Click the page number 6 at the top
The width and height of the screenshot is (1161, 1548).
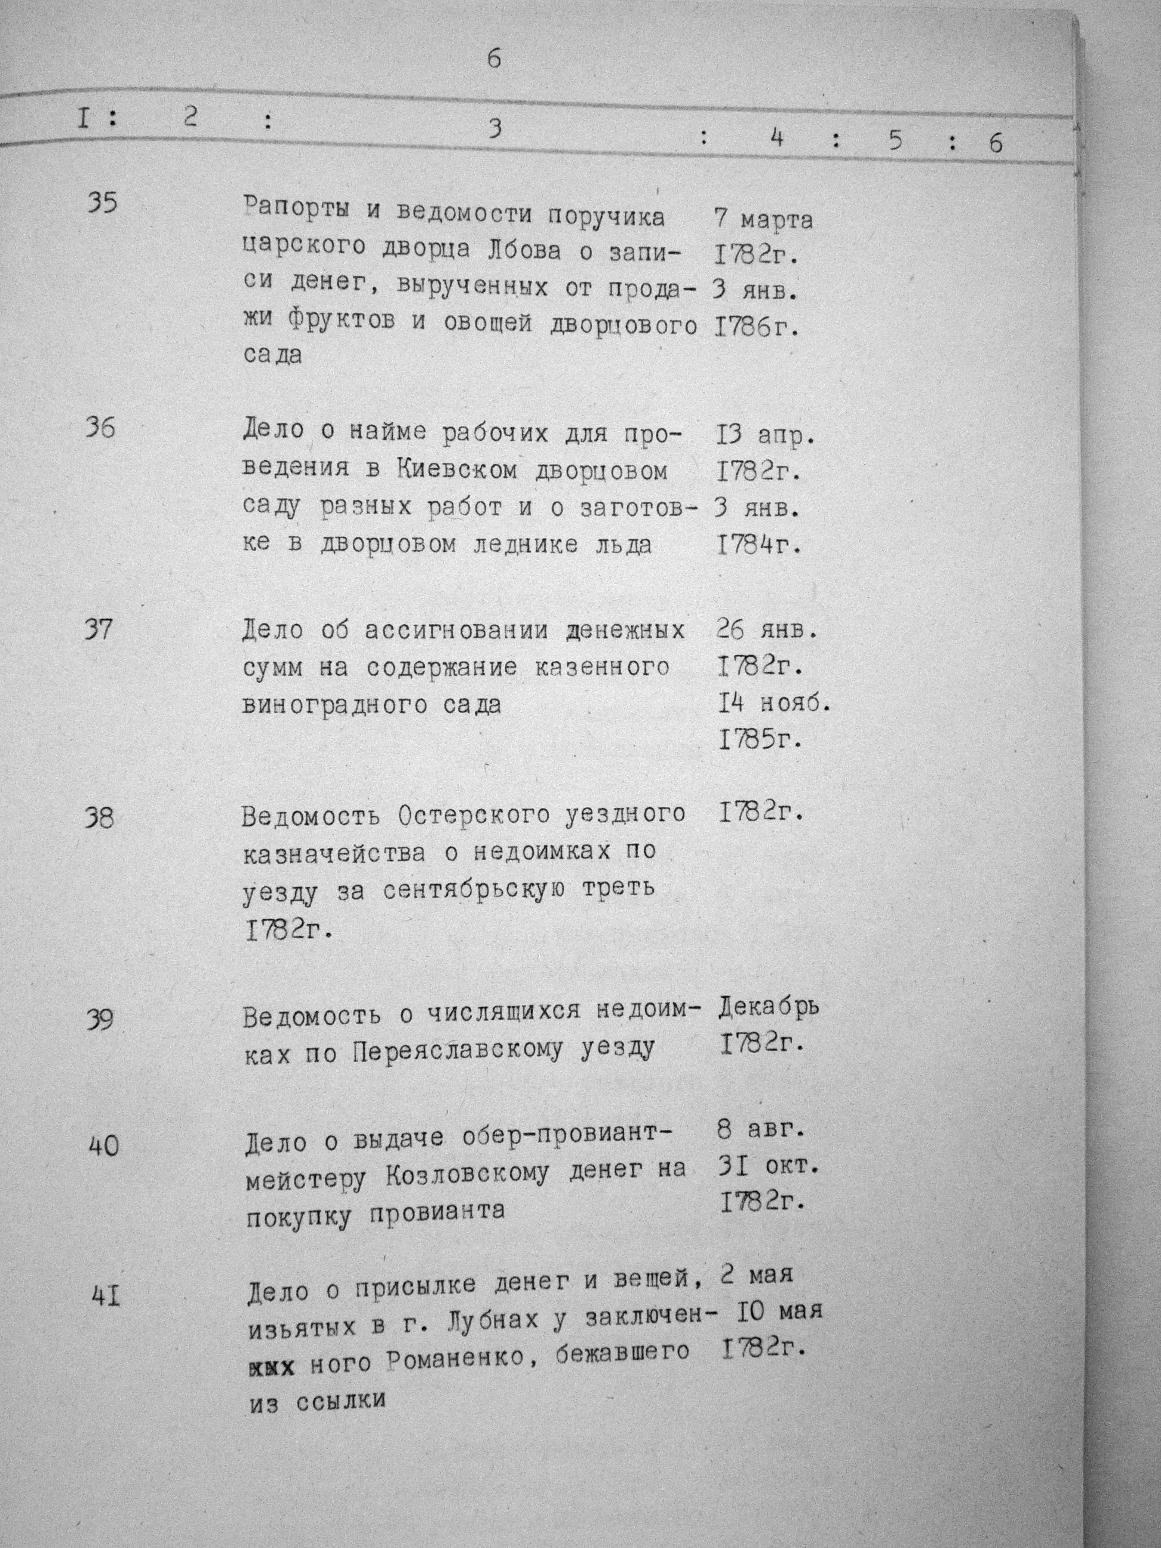[x=494, y=60]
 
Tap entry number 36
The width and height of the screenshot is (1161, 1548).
[x=101, y=427]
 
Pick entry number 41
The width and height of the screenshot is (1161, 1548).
[x=106, y=1297]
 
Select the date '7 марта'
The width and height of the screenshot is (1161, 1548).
[x=763, y=220]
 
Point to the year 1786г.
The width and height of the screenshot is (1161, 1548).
[x=758, y=326]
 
